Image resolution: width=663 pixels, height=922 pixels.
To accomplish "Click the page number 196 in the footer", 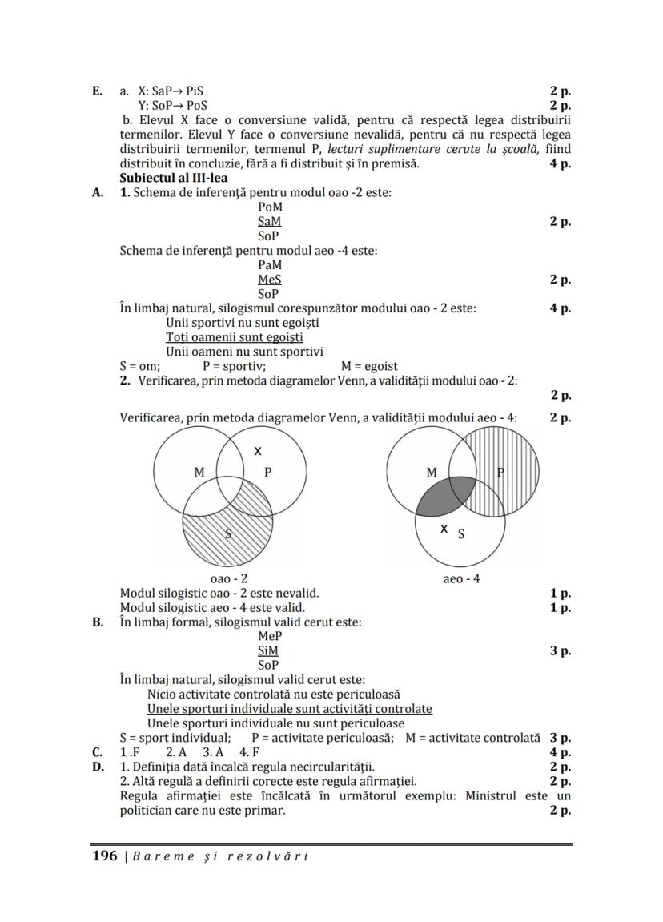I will pyautogui.click(x=105, y=856).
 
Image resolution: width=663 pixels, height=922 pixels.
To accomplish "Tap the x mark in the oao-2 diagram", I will pyautogui.click(x=257, y=451).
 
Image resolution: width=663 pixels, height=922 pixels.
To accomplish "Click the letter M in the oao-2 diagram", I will pyautogui.click(x=199, y=473).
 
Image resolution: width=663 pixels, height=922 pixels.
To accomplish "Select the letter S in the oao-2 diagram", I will pyautogui.click(x=228, y=534).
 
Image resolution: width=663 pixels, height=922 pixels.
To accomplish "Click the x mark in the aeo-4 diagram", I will pyautogui.click(x=444, y=529).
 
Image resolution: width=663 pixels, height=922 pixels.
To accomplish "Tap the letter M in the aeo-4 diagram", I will pyautogui.click(x=432, y=473).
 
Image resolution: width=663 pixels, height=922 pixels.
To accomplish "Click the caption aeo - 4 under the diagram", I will pyautogui.click(x=462, y=578).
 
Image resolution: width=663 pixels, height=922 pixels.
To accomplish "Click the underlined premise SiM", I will pyautogui.click(x=268, y=650).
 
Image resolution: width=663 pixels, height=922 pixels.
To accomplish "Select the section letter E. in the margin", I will pyautogui.click(x=97, y=91).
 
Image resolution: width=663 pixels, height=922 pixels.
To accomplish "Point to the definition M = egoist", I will pyautogui.click(x=369, y=366).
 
